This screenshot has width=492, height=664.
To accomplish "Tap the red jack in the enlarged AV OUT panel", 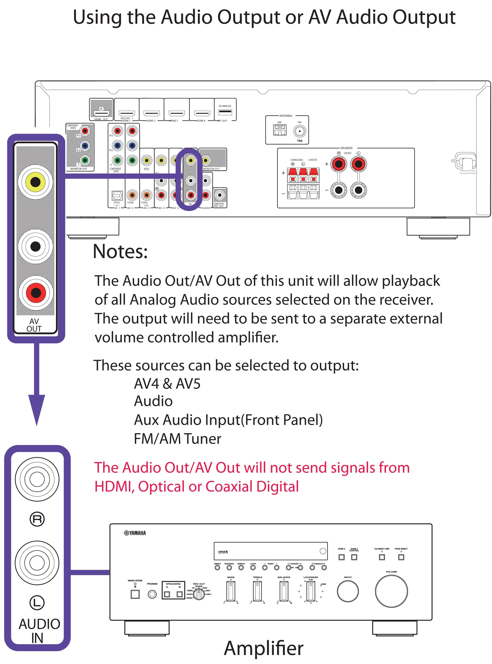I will click(x=36, y=292).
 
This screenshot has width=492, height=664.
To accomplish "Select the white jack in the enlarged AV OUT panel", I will click(x=35, y=246).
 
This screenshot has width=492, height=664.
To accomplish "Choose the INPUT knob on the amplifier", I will click(x=348, y=591).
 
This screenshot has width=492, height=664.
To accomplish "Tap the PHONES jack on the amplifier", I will click(x=152, y=594).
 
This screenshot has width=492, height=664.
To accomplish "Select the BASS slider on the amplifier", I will click(x=231, y=591).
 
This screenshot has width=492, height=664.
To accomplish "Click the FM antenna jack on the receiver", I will click(x=299, y=131).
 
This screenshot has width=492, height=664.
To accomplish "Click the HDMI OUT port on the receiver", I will click(x=101, y=113).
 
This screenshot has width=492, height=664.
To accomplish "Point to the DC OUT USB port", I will click(x=225, y=112).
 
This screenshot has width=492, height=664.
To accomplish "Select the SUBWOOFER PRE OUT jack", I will click(x=219, y=195).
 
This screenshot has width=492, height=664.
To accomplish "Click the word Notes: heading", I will click(x=120, y=252).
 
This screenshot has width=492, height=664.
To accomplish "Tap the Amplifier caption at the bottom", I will click(x=264, y=648).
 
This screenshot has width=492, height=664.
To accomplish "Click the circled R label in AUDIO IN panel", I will click(x=37, y=519).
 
